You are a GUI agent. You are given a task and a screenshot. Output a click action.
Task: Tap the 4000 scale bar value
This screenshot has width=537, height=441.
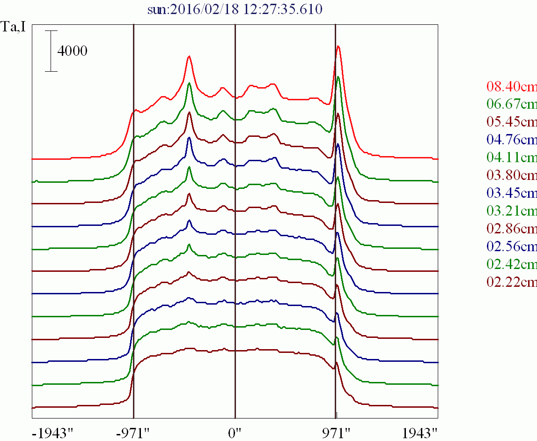point(72,51)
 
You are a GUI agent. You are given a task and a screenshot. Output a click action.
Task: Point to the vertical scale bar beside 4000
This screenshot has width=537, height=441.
point(51,51)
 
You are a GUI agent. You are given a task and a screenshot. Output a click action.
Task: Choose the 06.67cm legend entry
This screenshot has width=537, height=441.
point(512,104)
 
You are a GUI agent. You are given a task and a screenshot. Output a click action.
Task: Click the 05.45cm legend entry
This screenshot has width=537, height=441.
point(512,122)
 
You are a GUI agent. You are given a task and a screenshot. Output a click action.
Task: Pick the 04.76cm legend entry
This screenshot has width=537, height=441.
point(512,140)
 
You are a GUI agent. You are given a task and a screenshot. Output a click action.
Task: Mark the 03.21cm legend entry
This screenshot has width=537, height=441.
point(512,211)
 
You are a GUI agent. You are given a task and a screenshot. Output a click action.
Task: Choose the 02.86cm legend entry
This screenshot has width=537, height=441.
point(512,229)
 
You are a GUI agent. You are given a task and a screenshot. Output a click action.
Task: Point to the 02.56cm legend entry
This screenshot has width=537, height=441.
point(512,247)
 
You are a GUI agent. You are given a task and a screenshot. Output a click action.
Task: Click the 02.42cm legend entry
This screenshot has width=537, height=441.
point(512,264)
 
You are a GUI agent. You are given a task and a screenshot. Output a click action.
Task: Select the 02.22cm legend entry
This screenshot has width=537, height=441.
point(512,282)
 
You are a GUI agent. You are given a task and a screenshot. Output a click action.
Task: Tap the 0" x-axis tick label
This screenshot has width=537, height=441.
point(234,432)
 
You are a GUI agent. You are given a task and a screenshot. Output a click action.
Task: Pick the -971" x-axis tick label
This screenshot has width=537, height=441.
point(133,432)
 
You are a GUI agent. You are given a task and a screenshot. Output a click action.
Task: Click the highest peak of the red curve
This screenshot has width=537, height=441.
point(338,46)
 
